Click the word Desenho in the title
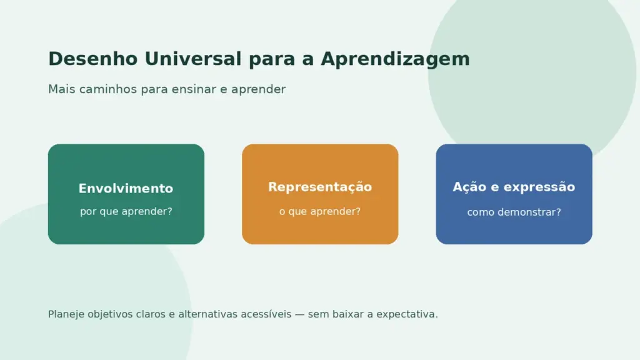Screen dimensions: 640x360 pyautogui.click(x=93, y=59)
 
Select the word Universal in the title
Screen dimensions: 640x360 pyautogui.click(x=193, y=59)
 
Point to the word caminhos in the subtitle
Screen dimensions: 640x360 pyautogui.click(x=108, y=89)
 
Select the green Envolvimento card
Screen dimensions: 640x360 pyautogui.click(x=126, y=194)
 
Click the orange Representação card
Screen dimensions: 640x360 pyautogui.click(x=320, y=194)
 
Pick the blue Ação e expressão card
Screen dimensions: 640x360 pyautogui.click(x=514, y=194)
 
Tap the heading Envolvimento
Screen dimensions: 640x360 pyautogui.click(x=126, y=188)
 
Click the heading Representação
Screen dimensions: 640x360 pyautogui.click(x=320, y=187)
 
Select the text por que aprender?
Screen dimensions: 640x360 pyautogui.click(x=126, y=211)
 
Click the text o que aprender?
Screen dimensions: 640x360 pyautogui.click(x=320, y=211)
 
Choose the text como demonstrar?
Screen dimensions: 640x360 pyautogui.click(x=514, y=212)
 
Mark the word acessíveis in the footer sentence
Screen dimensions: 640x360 pyautogui.click(x=266, y=314)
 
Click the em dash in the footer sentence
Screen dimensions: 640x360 pyautogui.click(x=300, y=315)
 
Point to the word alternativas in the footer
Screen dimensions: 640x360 pyautogui.click(x=207, y=314)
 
